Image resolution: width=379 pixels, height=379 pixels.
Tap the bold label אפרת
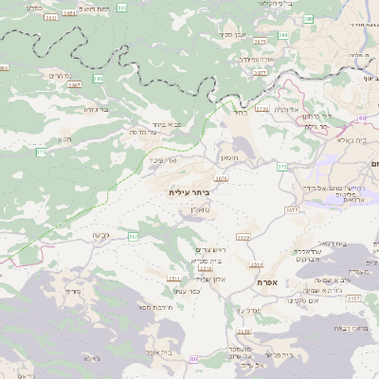pyautogui.click(x=265, y=282)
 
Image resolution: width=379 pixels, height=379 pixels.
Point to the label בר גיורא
pyautogui.click(x=98, y=109)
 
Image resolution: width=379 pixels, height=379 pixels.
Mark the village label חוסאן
pyautogui.click(x=229, y=153)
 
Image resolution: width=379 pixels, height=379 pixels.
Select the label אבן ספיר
pyautogui.click(x=233, y=34)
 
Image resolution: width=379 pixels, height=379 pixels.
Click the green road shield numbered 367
pyautogui.click(x=134, y=236)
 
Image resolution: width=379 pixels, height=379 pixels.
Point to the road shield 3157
pyautogui.click(x=352, y=298)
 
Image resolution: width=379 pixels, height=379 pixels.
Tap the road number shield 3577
pyautogui.click(x=291, y=208)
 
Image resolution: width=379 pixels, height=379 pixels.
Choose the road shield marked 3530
pyautogui.click(x=244, y=236)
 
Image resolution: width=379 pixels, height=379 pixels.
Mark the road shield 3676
pyautogui.click(x=222, y=177)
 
